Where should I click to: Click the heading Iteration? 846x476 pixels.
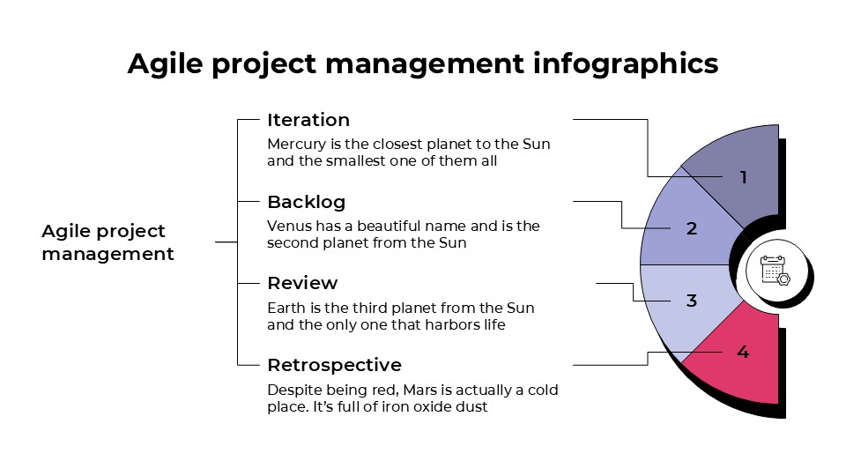308,120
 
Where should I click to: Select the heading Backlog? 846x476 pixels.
306,202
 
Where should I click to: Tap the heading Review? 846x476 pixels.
302,283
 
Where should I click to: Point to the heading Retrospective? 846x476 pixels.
334,365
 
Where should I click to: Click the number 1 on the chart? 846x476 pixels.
743,178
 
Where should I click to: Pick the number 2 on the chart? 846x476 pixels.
692,229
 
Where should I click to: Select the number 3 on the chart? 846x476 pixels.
692,301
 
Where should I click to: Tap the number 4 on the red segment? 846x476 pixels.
743,353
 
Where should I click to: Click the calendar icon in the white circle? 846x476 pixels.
775,271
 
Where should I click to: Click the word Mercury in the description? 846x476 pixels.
295,144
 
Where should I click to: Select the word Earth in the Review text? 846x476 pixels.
286,308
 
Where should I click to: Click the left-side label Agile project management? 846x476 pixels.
108,242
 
